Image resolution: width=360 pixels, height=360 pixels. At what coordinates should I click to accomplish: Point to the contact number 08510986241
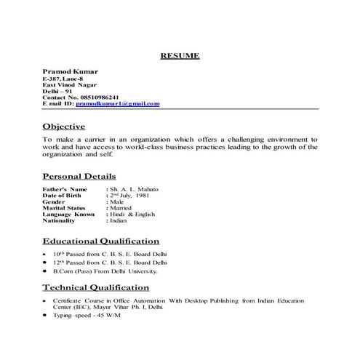click(109, 97)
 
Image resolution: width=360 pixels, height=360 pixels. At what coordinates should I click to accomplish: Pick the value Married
click(123, 209)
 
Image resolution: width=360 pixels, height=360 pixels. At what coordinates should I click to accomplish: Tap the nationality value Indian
click(121, 221)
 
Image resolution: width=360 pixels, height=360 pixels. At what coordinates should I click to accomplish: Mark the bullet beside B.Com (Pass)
click(45, 271)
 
